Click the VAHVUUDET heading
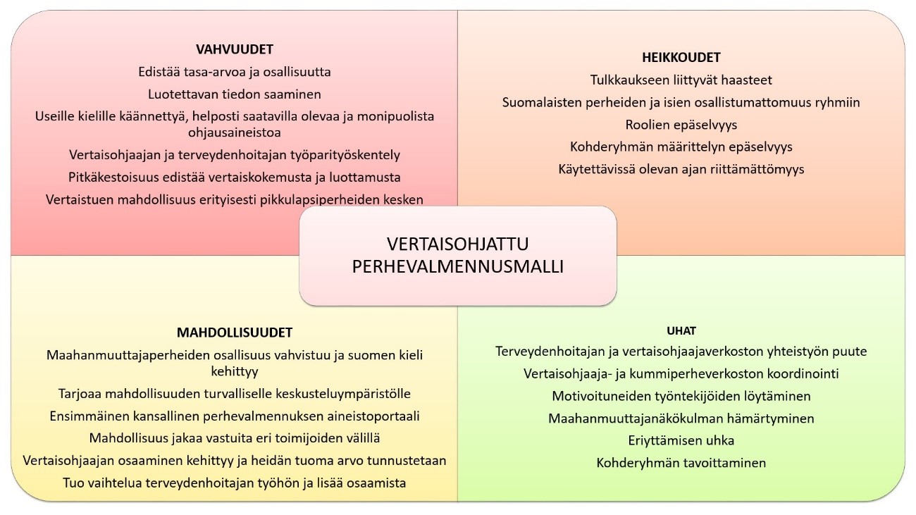[234, 49]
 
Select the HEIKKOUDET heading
[681, 58]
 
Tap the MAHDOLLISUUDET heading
[234, 333]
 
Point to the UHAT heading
[681, 330]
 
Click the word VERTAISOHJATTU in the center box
[457, 244]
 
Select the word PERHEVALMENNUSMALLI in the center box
[457, 266]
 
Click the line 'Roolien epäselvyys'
[681, 125]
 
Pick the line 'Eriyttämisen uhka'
[681, 440]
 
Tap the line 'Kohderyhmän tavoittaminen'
[681, 463]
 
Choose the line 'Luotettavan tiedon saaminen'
[234, 94]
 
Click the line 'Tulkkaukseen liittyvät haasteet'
[681, 80]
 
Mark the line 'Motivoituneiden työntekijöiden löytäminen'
[681, 395]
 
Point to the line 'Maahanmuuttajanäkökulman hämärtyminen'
[681, 418]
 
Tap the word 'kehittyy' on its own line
[234, 371]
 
